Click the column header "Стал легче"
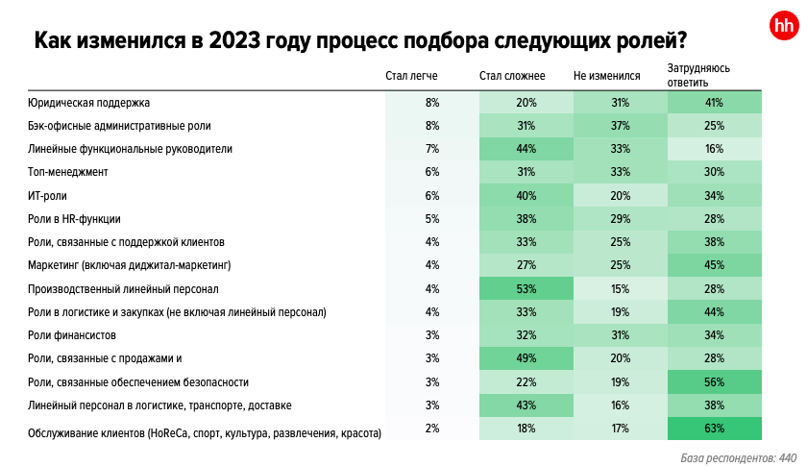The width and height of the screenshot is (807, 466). (411, 76)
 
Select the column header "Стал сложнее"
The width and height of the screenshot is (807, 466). (511, 76)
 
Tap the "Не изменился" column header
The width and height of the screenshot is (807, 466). (606, 76)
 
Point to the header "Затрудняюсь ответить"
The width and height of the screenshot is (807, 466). (699, 76)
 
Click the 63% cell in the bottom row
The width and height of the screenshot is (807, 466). (714, 429)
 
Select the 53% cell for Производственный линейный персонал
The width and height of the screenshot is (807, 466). (526, 288)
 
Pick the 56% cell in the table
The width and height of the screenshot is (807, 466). (714, 381)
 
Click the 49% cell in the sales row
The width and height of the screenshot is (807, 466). (526, 358)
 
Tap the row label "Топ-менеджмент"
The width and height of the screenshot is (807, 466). (67, 172)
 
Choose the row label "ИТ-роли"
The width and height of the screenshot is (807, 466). (47, 195)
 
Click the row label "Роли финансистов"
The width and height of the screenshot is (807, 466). (72, 335)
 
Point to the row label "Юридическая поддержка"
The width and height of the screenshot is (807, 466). (89, 102)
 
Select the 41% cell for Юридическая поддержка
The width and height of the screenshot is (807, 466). (714, 102)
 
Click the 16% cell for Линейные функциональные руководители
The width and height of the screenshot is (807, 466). (714, 149)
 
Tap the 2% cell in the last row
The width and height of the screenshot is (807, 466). (432, 429)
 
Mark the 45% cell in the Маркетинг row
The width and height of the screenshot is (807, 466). (714, 265)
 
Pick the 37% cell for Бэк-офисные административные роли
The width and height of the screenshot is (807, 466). (620, 125)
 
